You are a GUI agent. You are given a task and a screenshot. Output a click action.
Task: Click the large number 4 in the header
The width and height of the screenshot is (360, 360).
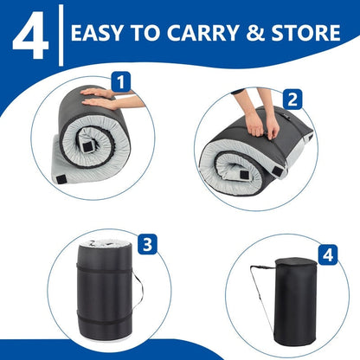point(29,33)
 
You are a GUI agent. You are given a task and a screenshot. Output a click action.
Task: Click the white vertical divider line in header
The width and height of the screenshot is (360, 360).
point(60,33)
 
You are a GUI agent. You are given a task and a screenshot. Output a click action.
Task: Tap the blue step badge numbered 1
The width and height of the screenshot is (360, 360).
point(121,83)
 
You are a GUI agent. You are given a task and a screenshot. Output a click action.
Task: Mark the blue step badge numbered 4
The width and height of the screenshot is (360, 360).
point(326,255)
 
